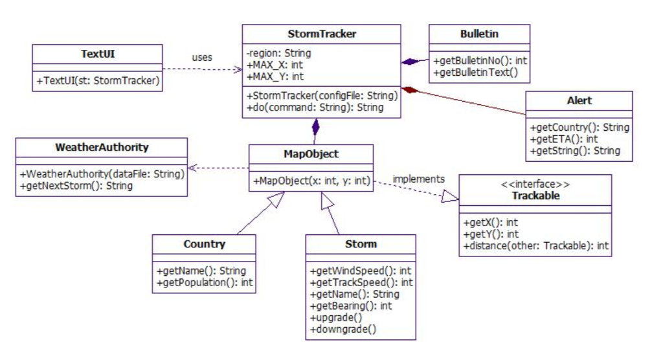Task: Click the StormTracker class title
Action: [x=321, y=34]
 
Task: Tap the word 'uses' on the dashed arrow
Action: [x=201, y=58]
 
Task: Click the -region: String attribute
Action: [x=279, y=53]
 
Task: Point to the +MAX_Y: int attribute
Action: [x=275, y=76]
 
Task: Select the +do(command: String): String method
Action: [x=315, y=107]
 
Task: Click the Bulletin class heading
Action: [x=479, y=34]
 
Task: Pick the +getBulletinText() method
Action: [x=476, y=73]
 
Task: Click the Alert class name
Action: [x=579, y=100]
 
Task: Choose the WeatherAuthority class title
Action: [x=102, y=147]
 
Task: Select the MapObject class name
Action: [x=311, y=154]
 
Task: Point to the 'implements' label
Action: [x=419, y=179]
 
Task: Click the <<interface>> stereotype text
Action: [x=535, y=184]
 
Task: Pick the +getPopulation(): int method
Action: [x=204, y=282]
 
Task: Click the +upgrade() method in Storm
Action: [x=336, y=317]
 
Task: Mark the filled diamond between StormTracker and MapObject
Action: [x=316, y=126]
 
